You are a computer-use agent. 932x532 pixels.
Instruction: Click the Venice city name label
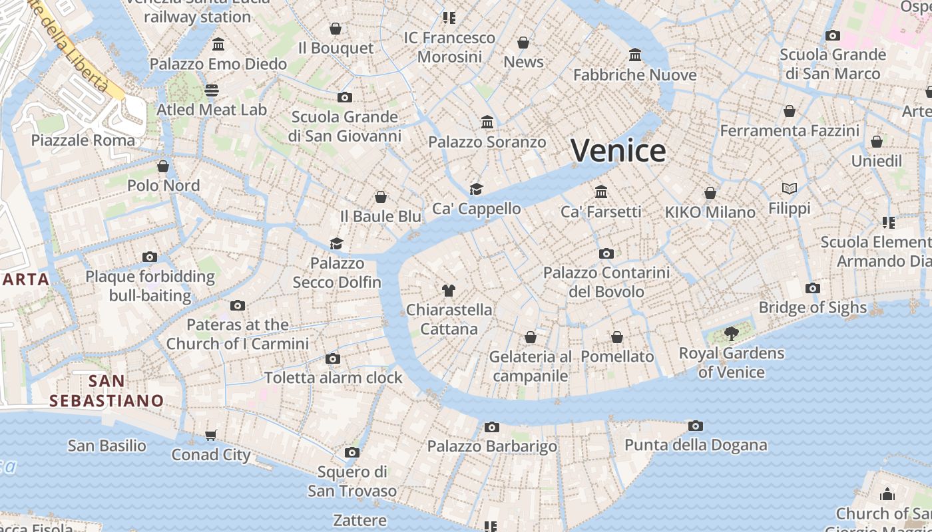pos(618,151)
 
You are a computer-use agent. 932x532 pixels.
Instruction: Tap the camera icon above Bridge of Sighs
pos(812,289)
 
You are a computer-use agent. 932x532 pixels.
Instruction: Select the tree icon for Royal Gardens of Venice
pos(732,334)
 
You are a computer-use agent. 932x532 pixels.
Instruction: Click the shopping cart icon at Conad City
pos(211,436)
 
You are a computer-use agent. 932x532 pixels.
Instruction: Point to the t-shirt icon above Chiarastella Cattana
pos(449,291)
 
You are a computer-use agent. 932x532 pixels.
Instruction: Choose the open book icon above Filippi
pos(790,189)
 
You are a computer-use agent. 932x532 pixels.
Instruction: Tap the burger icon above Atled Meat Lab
pos(212,90)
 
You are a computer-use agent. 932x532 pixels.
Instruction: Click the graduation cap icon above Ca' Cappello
pos(476,189)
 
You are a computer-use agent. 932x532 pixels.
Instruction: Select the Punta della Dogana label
pos(696,445)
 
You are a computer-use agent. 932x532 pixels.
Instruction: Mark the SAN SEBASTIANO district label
pos(107,391)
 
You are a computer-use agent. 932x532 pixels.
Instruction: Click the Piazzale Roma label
pos(83,140)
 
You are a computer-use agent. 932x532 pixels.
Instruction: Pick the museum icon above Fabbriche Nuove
pos(635,55)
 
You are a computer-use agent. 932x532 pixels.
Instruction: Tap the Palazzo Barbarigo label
pos(492,446)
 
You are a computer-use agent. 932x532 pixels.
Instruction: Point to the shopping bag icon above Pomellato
pos(617,338)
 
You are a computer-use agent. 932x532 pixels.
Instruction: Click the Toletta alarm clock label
pos(334,378)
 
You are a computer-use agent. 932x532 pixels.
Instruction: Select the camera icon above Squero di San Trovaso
pos(352,453)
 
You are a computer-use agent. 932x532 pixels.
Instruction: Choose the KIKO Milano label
pos(710,212)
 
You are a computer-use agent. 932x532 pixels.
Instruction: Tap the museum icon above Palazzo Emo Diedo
pos(218,45)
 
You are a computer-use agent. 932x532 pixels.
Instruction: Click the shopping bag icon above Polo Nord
pos(163,166)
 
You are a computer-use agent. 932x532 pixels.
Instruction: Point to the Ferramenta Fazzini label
pos(790,130)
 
